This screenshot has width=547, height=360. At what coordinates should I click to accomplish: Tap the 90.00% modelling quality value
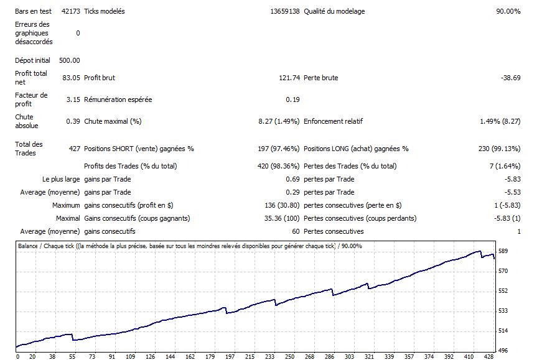point(508,11)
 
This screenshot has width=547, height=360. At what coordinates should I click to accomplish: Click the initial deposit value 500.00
point(69,60)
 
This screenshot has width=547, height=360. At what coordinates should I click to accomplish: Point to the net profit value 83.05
point(72,78)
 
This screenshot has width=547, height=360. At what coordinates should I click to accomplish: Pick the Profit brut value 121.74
point(289,78)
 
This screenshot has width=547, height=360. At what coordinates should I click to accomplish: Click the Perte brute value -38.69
point(510,78)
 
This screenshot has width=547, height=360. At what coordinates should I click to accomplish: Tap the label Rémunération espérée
point(118,99)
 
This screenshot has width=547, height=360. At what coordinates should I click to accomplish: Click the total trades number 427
point(73,149)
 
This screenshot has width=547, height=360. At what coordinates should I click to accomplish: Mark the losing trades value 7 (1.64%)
point(505,166)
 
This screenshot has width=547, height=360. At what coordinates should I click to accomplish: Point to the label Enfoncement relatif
point(333,121)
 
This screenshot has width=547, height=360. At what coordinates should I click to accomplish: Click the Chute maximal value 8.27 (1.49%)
point(279,121)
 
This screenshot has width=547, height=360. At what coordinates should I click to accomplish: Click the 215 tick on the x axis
point(250,356)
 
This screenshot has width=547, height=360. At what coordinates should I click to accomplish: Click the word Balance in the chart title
point(28,246)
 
